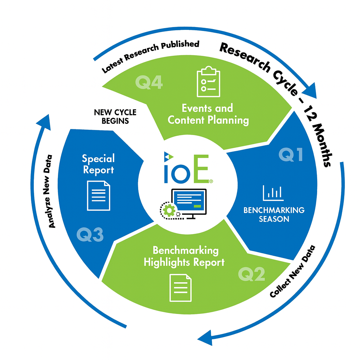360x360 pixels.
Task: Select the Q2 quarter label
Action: [251, 274]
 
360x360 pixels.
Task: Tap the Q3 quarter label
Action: [90, 235]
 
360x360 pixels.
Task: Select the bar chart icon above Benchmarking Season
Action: [273, 192]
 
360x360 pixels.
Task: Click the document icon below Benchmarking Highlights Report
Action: [181, 288]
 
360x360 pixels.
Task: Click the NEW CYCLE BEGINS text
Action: [115, 117]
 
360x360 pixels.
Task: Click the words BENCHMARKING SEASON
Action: [274, 214]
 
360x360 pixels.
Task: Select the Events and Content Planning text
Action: [208, 114]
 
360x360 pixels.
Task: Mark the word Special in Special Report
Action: [98, 159]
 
